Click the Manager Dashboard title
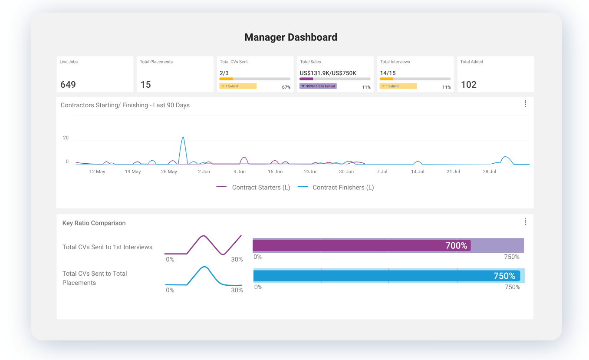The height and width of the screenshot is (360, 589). [290, 37]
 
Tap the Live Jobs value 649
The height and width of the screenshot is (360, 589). [68, 85]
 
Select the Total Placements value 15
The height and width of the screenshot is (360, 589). [146, 85]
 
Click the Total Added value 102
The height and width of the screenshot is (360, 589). [469, 85]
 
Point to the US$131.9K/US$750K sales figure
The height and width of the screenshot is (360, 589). [328, 73]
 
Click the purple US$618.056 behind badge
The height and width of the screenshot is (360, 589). [318, 86]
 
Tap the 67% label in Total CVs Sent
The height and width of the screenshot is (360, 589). [286, 87]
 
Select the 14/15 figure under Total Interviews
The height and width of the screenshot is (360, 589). [388, 73]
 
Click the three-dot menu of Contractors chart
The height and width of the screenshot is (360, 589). [525, 104]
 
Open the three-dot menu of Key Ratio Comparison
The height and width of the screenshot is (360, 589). [525, 221]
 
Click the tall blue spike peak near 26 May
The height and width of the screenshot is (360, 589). [183, 138]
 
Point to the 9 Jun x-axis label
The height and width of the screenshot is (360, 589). [240, 172]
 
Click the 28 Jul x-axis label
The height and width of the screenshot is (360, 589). [489, 172]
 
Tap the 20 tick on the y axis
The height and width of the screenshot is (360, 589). [66, 138]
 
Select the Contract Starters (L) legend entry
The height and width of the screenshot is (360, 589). [253, 188]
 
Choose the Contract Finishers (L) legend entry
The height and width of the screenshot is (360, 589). [336, 188]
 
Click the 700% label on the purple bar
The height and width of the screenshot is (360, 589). [456, 246]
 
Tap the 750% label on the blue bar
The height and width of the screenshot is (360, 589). [504, 276]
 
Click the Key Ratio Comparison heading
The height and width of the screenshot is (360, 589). [94, 223]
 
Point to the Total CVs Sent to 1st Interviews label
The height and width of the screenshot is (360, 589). [107, 247]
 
